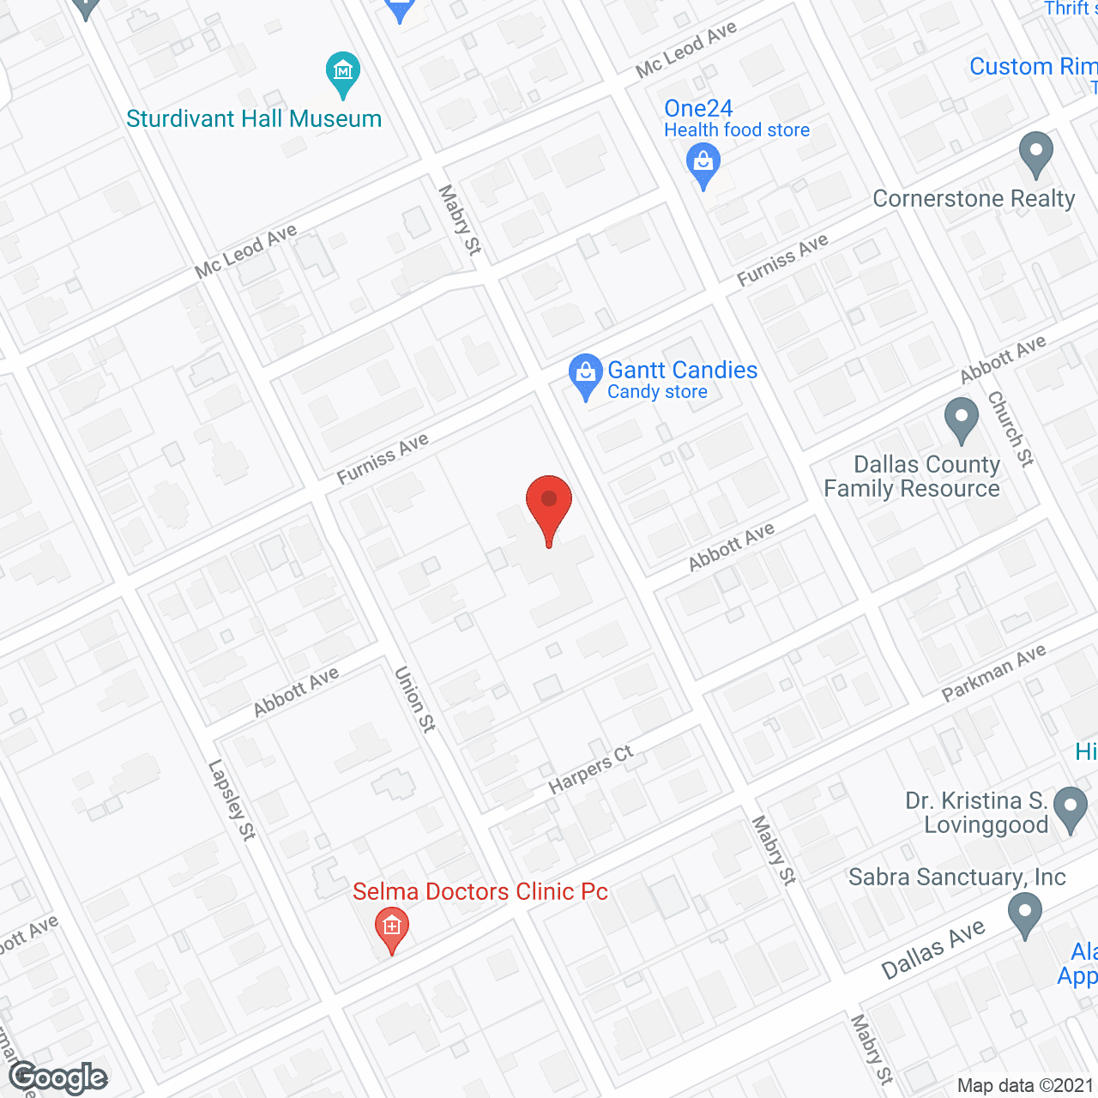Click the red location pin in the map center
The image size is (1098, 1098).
(x=549, y=502)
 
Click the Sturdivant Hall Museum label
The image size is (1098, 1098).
(x=254, y=118)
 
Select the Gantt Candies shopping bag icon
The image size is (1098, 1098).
(x=586, y=374)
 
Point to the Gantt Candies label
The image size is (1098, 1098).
(x=682, y=371)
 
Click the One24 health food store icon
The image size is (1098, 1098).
(x=703, y=163)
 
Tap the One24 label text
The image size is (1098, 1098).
(x=698, y=109)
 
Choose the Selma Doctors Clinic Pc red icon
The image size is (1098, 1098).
(x=392, y=927)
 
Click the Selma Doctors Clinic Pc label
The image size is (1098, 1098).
(x=480, y=892)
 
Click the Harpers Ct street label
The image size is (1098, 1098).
(x=591, y=769)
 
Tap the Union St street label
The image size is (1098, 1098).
(x=415, y=699)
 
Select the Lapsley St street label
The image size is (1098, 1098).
(x=232, y=799)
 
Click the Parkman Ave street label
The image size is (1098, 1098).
(x=994, y=673)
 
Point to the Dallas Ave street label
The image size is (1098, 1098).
(x=933, y=950)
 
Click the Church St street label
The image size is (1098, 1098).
(x=1011, y=429)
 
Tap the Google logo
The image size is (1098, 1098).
(x=58, y=1077)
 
